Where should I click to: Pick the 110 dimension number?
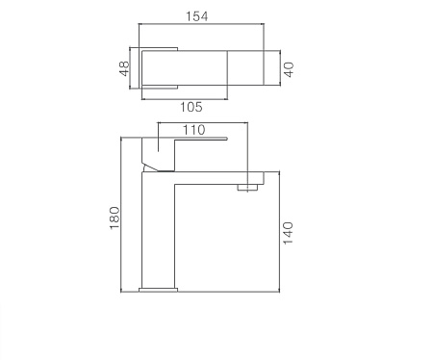point(194,129)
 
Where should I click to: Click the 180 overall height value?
point(114,218)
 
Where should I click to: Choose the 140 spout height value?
point(288,234)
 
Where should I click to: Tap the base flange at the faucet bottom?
point(160,287)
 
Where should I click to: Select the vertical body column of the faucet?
point(160,231)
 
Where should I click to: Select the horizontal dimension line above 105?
point(183,95)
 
